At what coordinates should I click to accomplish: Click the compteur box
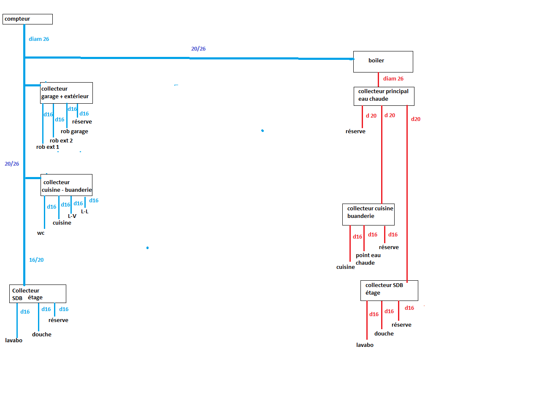[27, 19]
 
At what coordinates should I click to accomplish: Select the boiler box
[383, 62]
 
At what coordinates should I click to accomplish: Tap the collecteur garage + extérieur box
[66, 93]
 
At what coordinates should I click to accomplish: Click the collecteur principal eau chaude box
[384, 96]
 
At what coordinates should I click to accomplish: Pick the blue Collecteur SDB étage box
[38, 294]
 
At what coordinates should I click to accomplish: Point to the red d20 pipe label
[416, 119]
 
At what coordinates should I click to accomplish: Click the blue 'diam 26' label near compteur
[39, 39]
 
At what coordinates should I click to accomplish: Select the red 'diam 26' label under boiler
[393, 79]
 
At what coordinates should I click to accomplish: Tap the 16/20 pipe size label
[36, 260]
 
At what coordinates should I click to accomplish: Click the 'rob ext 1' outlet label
[48, 147]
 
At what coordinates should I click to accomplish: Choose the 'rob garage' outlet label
[74, 132]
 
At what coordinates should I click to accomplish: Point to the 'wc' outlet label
[41, 233]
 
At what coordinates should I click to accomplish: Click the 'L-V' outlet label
[72, 216]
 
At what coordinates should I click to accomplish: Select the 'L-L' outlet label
[85, 212]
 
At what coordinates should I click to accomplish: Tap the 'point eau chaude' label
[368, 259]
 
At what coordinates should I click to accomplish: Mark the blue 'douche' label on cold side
[42, 335]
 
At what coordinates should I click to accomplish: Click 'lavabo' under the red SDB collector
[365, 345]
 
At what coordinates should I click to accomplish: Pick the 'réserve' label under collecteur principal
[355, 132]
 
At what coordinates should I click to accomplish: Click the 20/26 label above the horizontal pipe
[198, 49]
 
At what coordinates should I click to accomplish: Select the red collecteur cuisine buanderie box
[368, 215]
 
